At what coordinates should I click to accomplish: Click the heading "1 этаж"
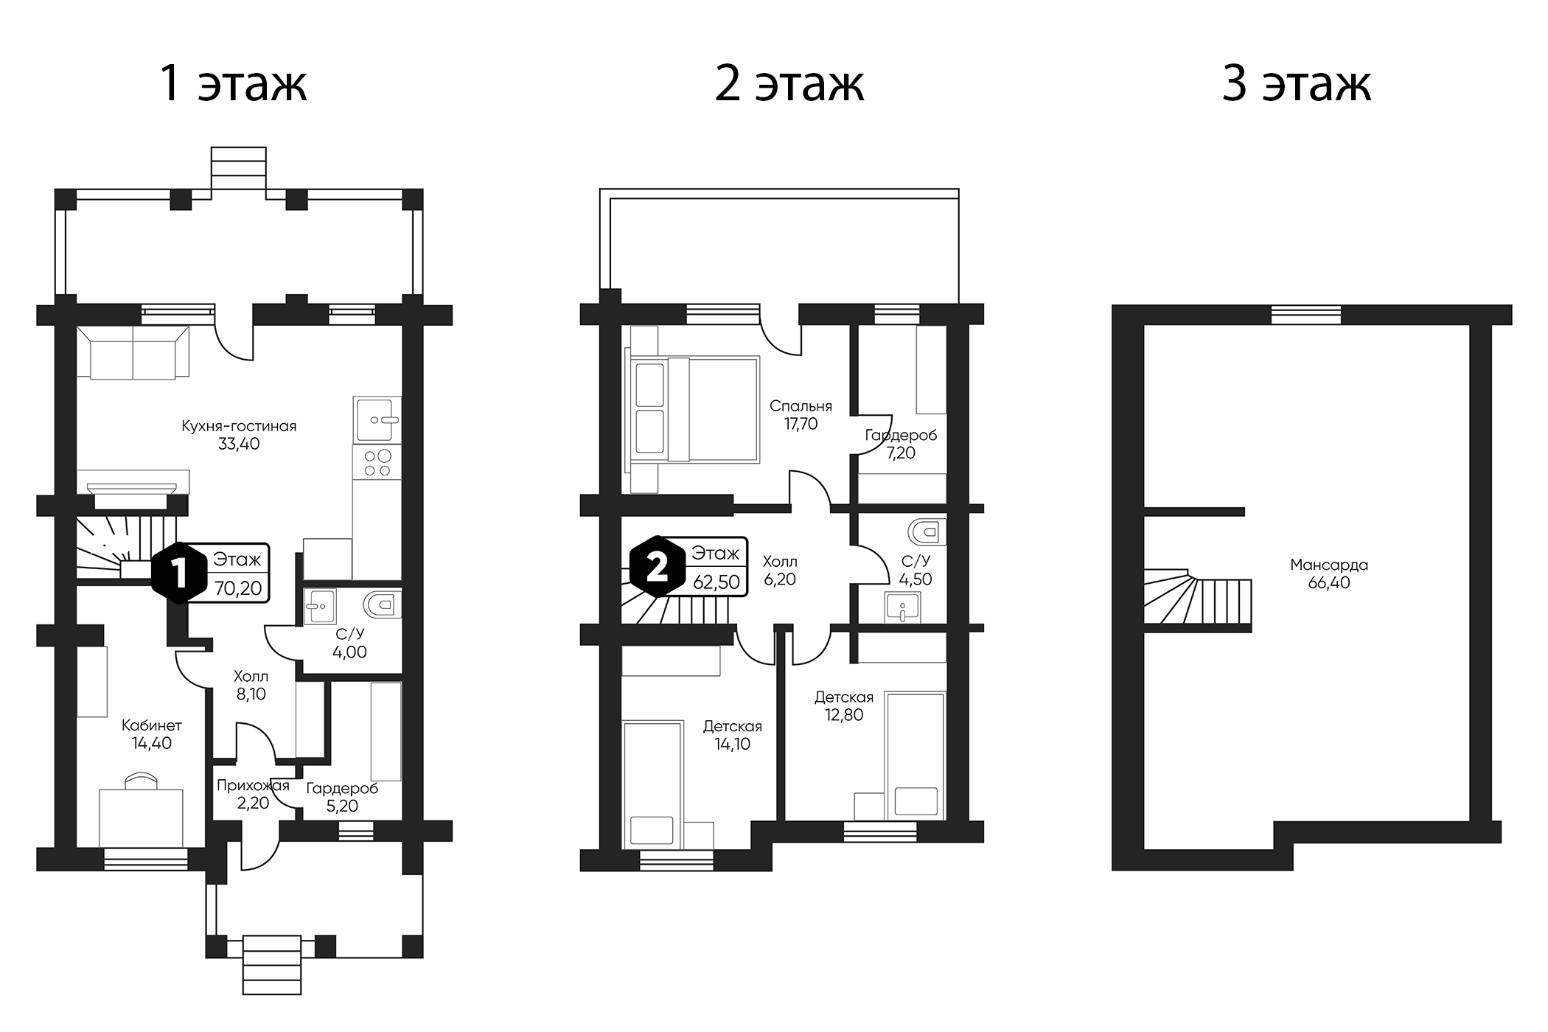click(233, 84)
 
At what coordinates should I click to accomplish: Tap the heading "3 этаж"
click(1297, 84)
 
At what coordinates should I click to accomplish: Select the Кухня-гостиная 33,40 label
click(239, 435)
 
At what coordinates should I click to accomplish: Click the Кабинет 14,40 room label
click(152, 734)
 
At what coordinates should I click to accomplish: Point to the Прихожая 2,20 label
click(253, 794)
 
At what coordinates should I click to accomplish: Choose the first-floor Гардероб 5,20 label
click(342, 797)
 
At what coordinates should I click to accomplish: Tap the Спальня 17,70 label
click(801, 415)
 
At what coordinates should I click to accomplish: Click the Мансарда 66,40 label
click(1329, 573)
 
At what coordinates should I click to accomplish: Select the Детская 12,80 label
click(844, 705)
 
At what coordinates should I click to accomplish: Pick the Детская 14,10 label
click(733, 735)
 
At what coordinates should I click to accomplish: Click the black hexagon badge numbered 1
click(179, 573)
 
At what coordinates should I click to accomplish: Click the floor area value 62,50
click(717, 582)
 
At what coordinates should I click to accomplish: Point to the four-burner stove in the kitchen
click(377, 462)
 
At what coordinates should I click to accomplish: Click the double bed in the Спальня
click(692, 410)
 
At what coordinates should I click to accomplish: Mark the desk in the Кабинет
click(141, 817)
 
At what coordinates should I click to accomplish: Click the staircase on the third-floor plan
click(1197, 601)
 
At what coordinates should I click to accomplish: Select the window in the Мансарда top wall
click(1306, 314)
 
